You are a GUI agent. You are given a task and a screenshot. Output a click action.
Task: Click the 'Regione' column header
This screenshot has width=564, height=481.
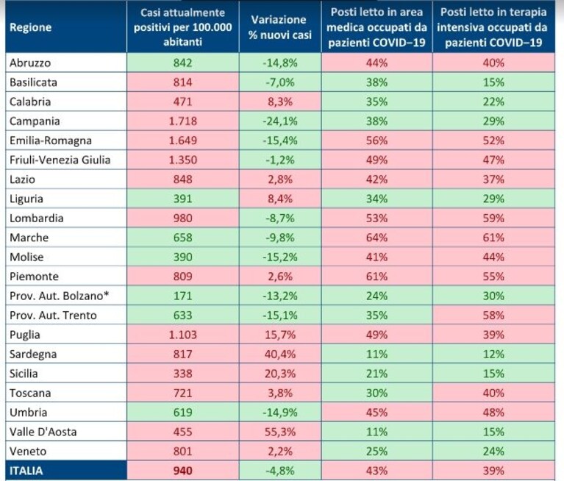coord(31,27)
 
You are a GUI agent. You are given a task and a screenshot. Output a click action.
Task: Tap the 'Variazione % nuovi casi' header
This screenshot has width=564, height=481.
coord(280,27)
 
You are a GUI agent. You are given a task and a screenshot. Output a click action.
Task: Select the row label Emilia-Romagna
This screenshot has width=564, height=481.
coord(51,140)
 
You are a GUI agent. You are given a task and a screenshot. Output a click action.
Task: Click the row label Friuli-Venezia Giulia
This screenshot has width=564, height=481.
coord(60,160)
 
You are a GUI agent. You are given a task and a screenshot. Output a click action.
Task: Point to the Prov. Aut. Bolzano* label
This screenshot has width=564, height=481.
coord(60,296)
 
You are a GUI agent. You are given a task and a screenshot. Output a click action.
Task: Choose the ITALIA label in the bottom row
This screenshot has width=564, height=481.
coord(26,471)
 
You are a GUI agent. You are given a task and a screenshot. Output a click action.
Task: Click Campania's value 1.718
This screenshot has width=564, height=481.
coord(182,121)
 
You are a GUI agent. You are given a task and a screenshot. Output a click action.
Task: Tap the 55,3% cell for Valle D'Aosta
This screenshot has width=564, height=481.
coord(280,432)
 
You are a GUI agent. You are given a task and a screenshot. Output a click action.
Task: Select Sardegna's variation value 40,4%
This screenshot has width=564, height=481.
coord(280,354)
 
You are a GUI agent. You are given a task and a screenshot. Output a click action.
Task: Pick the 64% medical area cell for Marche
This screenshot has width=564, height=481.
coord(376,238)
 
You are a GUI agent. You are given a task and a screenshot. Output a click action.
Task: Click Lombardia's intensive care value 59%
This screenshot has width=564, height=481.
coord(493,218)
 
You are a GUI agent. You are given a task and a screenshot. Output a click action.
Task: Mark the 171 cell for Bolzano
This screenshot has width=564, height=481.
coord(182,296)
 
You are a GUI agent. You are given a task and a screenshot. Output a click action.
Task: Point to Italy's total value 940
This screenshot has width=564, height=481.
coord(182,471)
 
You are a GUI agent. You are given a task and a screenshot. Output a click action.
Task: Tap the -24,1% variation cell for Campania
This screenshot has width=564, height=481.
coord(280,121)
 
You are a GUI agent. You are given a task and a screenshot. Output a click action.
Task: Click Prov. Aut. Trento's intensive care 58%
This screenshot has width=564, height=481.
coord(493,315)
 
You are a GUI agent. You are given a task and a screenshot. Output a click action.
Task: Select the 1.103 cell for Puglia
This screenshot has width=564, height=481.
coord(182,335)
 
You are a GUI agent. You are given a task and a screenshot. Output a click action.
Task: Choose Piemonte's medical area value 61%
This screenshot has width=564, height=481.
coord(376,277)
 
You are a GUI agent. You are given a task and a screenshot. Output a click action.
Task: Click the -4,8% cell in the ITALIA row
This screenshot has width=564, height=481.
coord(280,471)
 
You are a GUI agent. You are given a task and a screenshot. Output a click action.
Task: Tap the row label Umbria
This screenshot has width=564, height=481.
coord(29,413)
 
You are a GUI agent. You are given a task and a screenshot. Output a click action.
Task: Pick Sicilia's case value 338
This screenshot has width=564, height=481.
coord(182,374)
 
